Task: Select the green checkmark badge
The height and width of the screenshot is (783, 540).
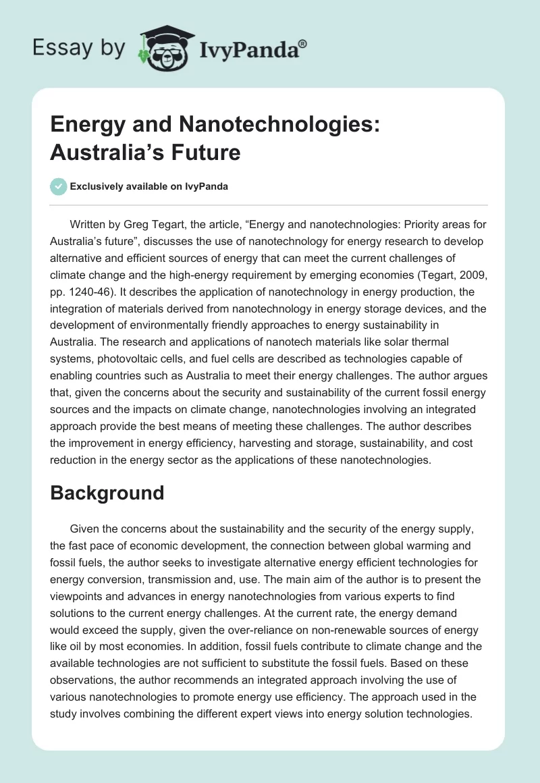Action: coord(58,186)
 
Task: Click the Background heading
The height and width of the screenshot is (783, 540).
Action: coord(107,492)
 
